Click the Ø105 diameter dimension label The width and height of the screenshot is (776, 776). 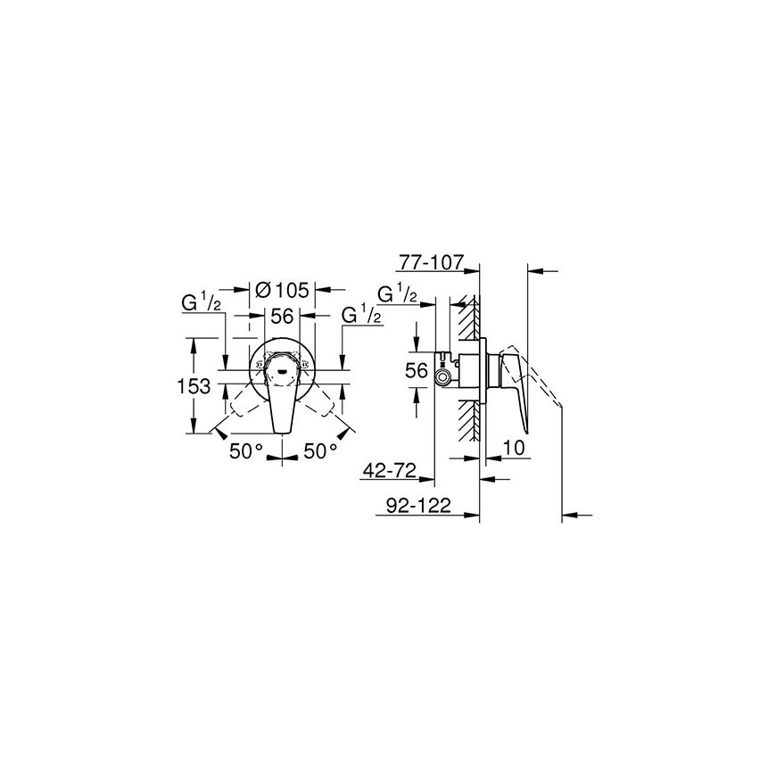[x=281, y=290]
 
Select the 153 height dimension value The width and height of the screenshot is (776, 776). [x=194, y=386]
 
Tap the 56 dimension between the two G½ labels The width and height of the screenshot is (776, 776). [x=282, y=316]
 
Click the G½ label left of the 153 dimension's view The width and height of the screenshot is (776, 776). [x=201, y=303]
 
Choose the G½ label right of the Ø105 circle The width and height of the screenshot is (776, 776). [x=362, y=315]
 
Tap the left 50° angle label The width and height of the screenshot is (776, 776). [x=245, y=450]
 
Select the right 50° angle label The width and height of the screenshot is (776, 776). [x=320, y=450]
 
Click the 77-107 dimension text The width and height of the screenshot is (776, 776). [x=430, y=263]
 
